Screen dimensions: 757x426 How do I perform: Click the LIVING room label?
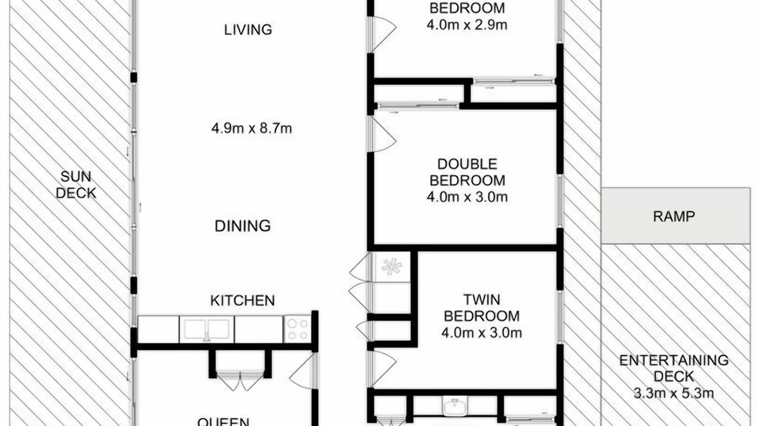coord(248,30)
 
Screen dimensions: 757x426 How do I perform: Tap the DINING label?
coord(242,226)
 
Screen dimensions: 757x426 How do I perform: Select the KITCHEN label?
coord(242,301)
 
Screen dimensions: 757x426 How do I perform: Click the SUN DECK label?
coord(76,185)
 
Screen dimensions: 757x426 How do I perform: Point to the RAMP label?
coord(674,217)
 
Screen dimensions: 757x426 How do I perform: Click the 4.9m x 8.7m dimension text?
coord(251,128)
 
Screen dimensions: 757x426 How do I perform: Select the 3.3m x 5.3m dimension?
coord(674,393)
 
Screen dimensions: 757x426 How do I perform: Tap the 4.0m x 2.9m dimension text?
coord(467,25)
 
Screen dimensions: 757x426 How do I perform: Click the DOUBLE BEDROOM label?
coord(467,172)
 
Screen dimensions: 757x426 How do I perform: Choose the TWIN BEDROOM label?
coord(481,308)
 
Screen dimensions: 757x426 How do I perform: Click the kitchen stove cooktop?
coord(297,329)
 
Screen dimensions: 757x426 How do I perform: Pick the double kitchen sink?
coord(206,330)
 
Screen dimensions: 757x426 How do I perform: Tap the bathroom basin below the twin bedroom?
coord(455,406)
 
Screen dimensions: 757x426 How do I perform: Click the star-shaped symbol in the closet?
coord(392,267)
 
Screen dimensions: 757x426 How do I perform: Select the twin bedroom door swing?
coord(384,369)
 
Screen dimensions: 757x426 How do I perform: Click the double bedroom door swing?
coord(384,134)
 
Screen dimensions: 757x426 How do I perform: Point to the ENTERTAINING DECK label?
coord(674,369)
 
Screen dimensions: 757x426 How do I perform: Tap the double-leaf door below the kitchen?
coord(240,381)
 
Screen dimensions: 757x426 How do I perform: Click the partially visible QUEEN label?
coord(224,422)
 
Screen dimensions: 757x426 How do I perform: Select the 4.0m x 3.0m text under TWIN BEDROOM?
coord(481,333)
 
